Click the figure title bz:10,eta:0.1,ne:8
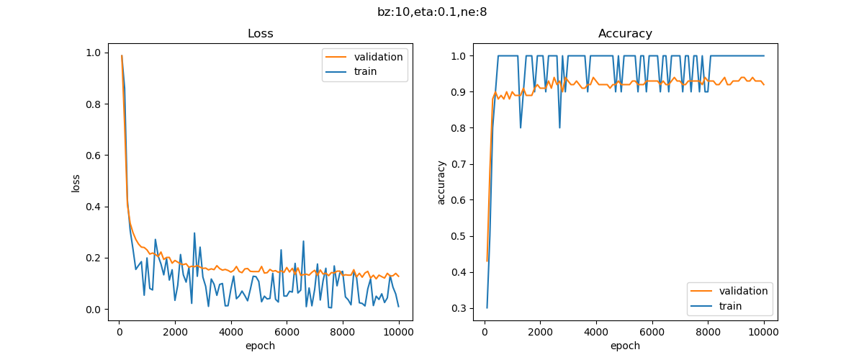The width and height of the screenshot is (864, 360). tap(432, 12)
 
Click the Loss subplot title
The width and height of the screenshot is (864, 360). tap(260, 34)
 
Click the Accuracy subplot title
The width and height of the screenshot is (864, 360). tap(625, 34)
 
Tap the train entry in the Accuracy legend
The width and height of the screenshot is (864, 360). tap(730, 306)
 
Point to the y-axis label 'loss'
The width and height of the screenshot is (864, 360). tap(76, 184)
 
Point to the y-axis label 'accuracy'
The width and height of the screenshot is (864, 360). tap(441, 184)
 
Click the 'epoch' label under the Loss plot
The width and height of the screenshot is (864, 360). tap(260, 346)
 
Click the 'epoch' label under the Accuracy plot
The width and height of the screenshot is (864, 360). tap(625, 346)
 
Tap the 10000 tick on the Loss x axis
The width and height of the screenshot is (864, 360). tap(398, 332)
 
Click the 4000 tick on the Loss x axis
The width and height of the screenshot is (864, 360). tap(231, 332)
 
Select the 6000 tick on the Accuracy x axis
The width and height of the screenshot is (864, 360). tap(652, 332)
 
